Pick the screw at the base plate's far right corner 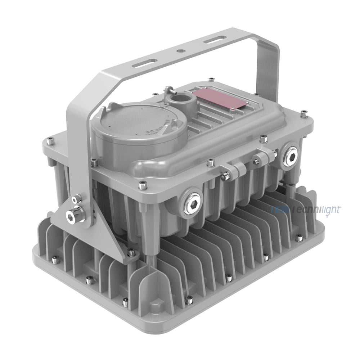[299, 237]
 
